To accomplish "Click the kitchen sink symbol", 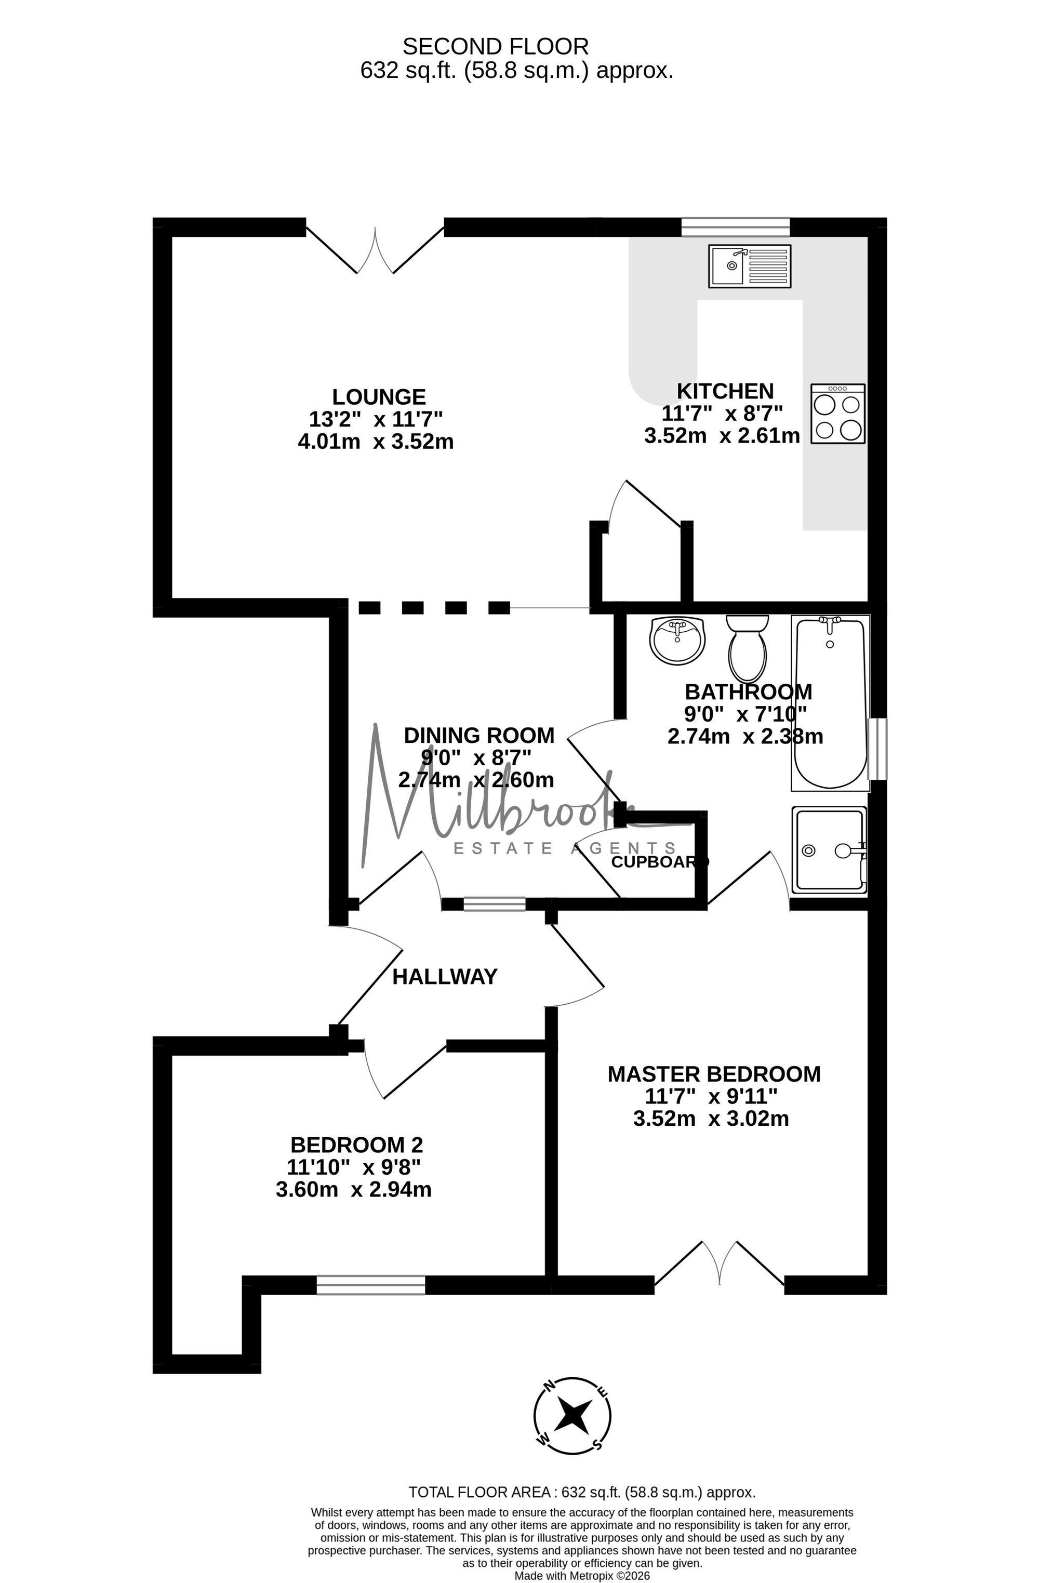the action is (750, 266).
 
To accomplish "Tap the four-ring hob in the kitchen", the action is (838, 413).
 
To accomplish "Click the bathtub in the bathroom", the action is (830, 702).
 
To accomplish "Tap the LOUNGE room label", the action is (379, 397).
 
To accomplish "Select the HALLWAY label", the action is (445, 976).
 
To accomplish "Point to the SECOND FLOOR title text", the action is (496, 47).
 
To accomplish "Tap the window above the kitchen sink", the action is (736, 227).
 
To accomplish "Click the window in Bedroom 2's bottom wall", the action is (370, 1284).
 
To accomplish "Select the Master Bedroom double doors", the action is (720, 1262).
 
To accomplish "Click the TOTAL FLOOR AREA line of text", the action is (582, 1492).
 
